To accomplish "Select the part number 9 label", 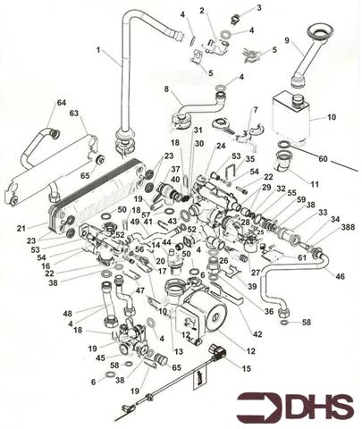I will [x=287, y=40].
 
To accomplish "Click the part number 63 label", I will [x=72, y=114].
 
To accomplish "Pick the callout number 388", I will [x=345, y=227].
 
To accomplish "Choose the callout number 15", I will [x=247, y=368].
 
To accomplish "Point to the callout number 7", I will [x=255, y=110].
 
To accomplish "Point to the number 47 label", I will [x=140, y=291].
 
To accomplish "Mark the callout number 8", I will [x=166, y=88].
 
